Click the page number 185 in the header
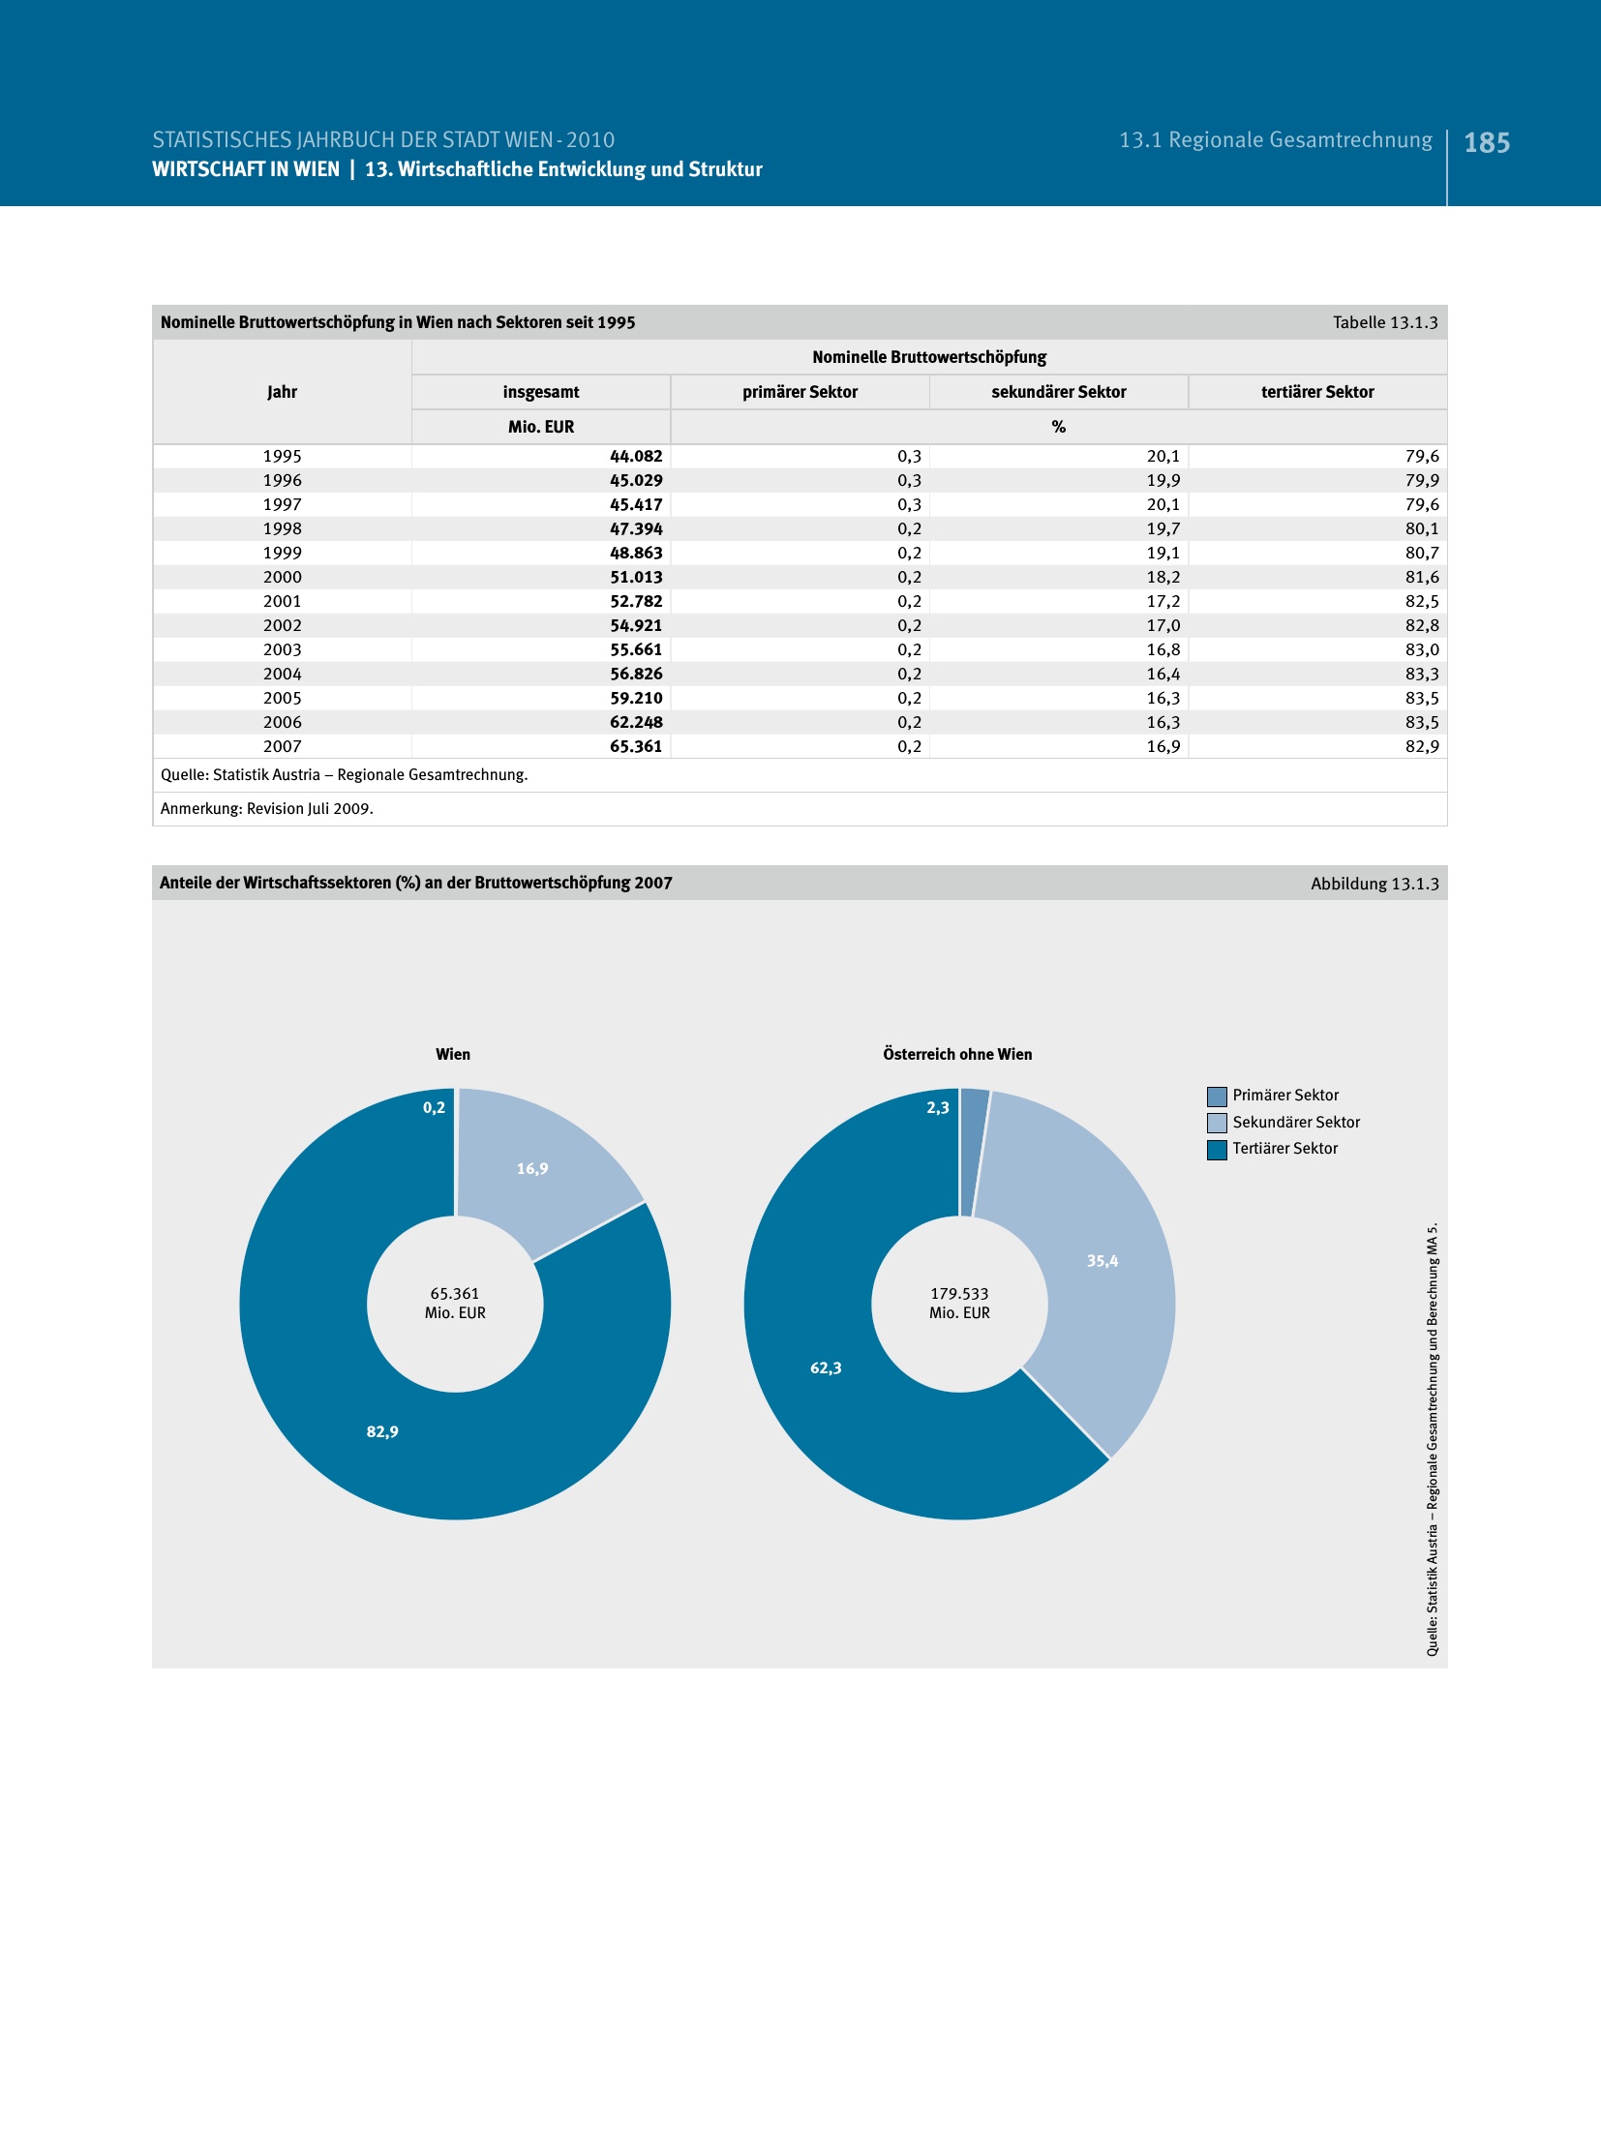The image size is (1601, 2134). (1486, 143)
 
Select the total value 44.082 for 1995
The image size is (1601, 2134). (636, 456)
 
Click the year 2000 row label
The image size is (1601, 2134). (282, 577)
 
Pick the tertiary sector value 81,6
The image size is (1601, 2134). (1421, 577)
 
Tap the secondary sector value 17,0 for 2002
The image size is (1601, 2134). (1163, 625)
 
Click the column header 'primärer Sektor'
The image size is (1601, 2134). (800, 392)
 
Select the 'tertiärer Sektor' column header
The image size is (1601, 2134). (1316, 392)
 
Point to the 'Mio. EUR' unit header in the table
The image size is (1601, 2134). (541, 427)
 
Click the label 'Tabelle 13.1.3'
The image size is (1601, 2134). (1384, 322)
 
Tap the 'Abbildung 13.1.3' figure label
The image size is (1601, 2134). (1374, 884)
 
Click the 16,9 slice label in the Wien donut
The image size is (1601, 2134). (532, 1168)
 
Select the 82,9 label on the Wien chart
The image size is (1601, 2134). (382, 1431)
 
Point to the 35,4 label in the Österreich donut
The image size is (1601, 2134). (1102, 1260)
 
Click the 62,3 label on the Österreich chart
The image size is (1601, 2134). (826, 1368)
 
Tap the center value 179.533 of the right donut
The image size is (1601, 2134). (959, 1293)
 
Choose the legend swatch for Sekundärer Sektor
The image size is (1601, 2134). (1217, 1123)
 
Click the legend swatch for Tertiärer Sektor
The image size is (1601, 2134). (1217, 1149)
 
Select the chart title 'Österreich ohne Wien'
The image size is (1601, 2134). (957, 1054)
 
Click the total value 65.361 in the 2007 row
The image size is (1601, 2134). (636, 746)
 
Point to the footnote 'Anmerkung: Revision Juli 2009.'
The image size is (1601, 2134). (267, 808)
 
